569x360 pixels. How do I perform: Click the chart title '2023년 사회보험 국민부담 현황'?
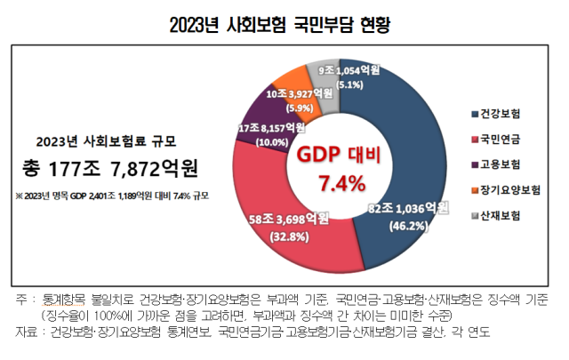pyautogui.click(x=284, y=22)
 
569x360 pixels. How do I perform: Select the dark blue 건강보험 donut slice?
pyautogui.click(x=418, y=142)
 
